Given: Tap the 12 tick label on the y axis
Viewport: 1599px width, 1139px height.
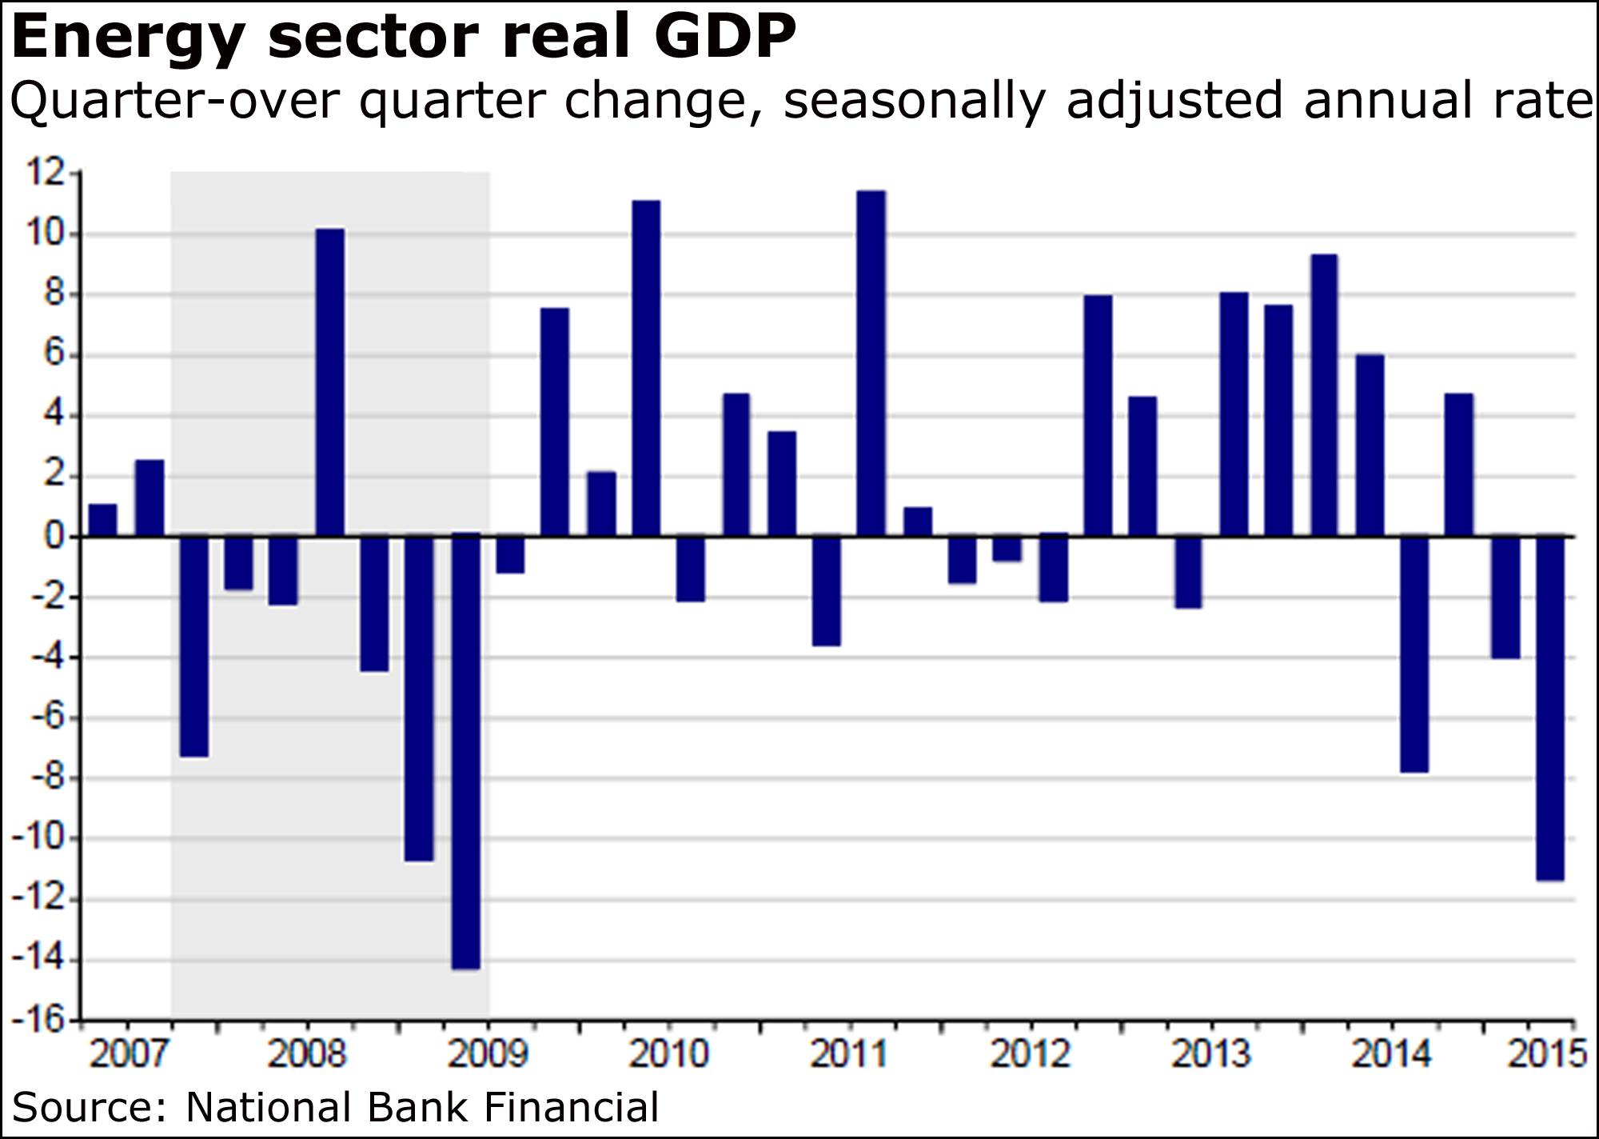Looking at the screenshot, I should pyautogui.click(x=46, y=173).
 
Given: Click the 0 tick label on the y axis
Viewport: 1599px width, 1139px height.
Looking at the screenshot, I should pyautogui.click(x=54, y=536).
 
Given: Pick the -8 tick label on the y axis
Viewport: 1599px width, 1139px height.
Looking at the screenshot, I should pyautogui.click(x=46, y=778).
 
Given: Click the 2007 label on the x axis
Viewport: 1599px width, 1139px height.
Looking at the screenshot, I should pyautogui.click(x=128, y=1053).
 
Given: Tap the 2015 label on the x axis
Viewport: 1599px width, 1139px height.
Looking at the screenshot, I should pyautogui.click(x=1546, y=1053).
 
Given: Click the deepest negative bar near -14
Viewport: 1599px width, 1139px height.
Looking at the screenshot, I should pyautogui.click(x=465, y=752).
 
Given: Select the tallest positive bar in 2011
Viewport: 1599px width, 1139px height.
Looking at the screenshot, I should pyautogui.click(x=871, y=363).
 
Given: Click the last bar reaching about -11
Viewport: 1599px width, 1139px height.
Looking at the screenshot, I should pyautogui.click(x=1549, y=708).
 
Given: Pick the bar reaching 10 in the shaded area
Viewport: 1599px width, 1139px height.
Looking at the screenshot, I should pyautogui.click(x=330, y=382).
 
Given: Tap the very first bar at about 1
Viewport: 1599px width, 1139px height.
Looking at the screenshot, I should pyautogui.click(x=102, y=520).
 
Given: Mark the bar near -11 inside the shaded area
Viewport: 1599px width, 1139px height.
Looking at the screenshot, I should pyautogui.click(x=419, y=698).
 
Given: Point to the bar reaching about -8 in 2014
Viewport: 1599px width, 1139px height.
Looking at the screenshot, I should pyautogui.click(x=1414, y=654).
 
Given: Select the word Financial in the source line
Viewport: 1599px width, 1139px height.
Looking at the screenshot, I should pyautogui.click(x=572, y=1108).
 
